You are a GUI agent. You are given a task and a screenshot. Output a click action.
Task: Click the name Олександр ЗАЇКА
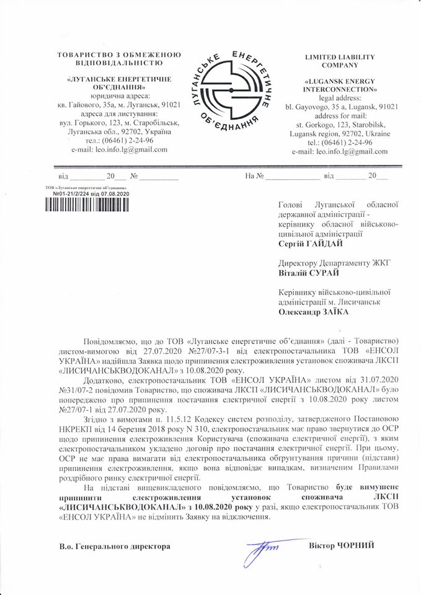tap(314, 312)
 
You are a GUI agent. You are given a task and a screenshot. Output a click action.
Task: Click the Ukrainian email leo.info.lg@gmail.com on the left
tap(119, 149)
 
